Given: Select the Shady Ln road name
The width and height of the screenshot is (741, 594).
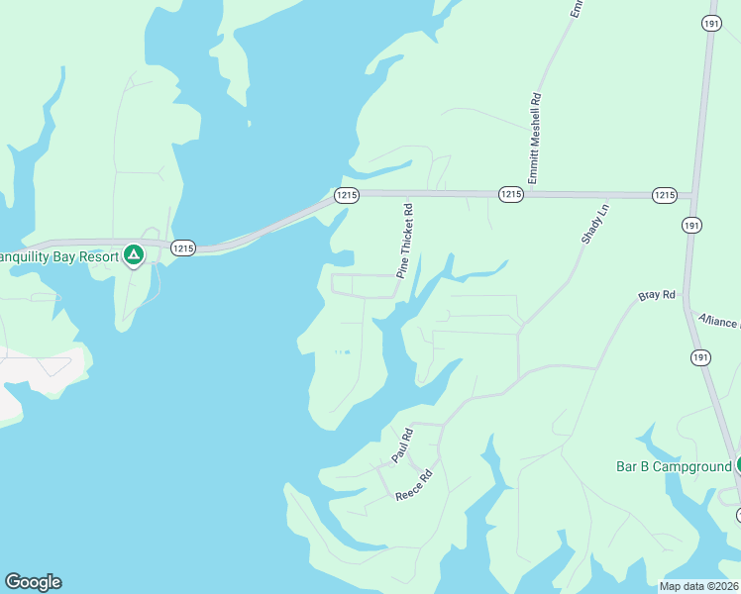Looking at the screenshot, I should point(592,228).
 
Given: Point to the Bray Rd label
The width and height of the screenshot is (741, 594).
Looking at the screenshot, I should point(656,295).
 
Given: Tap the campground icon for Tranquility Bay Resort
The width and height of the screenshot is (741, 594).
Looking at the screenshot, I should point(134,255).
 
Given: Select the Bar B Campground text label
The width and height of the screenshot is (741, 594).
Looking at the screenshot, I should point(674,465).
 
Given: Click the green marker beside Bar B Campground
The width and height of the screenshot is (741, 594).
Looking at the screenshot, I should point(738,465).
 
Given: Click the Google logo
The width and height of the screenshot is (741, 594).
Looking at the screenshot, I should point(33,582).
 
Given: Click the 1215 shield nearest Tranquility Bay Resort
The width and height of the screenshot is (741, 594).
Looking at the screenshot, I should point(182,247).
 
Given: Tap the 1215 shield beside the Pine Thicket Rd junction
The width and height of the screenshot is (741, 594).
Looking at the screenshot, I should point(346,195).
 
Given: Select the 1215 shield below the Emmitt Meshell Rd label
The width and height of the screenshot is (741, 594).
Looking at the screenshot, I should point(510,195).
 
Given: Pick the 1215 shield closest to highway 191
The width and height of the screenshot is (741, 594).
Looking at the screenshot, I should point(665,195).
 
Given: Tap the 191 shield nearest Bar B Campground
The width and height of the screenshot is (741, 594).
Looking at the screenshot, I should point(700,356).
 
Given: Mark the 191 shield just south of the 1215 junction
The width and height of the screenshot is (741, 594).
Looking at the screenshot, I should point(692,226).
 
